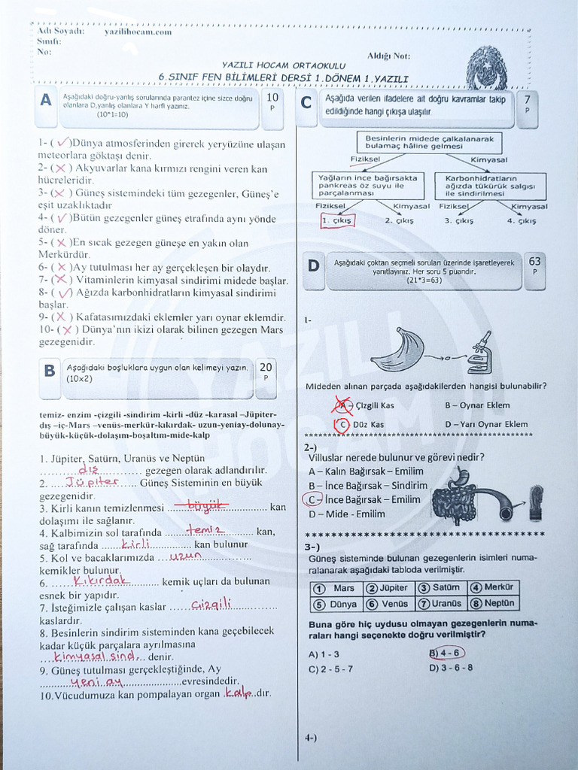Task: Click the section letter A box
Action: tap(47, 100)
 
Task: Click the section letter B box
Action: tap(50, 370)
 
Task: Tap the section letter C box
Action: tap(306, 103)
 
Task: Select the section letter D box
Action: tap(313, 265)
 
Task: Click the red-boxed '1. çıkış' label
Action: tap(336, 220)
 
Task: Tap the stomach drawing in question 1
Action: tap(397, 350)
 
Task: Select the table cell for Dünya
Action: tap(336, 604)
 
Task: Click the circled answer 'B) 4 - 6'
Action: tap(446, 653)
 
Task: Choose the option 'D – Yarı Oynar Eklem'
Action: tap(485, 424)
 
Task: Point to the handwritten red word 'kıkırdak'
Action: tap(103, 581)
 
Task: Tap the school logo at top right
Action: tap(486, 68)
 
